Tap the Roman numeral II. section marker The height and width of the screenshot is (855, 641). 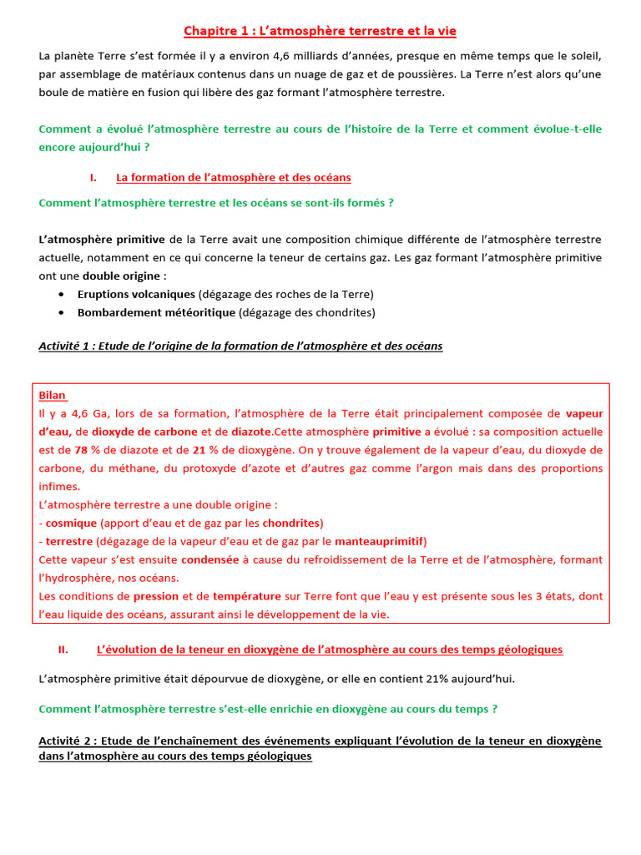(63, 649)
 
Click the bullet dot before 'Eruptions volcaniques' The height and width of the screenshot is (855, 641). (63, 295)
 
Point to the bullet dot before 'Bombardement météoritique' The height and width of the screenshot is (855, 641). (63, 313)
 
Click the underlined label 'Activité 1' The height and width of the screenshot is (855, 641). (65, 346)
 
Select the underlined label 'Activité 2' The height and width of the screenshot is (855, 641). (65, 741)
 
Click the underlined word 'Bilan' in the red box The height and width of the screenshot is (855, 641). (53, 395)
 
